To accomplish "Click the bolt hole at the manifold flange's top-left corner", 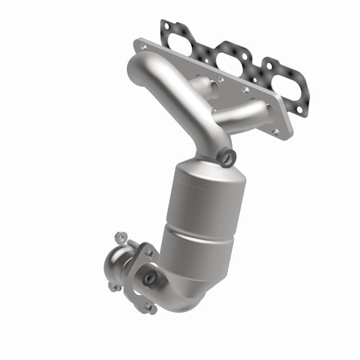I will pos(143,45).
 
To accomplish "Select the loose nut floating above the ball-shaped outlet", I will pos(119,235).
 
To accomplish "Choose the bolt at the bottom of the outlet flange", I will pos(150,309).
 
